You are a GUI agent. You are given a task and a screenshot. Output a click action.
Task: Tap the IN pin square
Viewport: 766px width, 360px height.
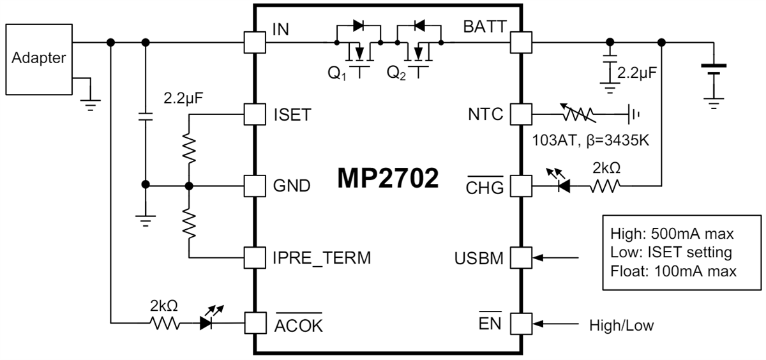tap(255, 43)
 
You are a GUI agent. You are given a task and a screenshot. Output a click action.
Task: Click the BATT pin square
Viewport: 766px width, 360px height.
tap(521, 43)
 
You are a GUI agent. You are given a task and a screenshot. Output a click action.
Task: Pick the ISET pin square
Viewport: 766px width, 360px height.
tap(255, 114)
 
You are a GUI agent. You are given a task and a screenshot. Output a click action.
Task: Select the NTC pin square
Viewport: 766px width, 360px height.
tap(521, 114)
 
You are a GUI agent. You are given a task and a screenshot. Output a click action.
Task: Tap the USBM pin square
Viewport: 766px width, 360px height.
tap(521, 259)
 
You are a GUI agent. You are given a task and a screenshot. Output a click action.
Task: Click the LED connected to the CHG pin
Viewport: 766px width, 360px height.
tap(562, 186)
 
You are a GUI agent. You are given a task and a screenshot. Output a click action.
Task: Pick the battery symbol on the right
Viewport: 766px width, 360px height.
tap(712, 70)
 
